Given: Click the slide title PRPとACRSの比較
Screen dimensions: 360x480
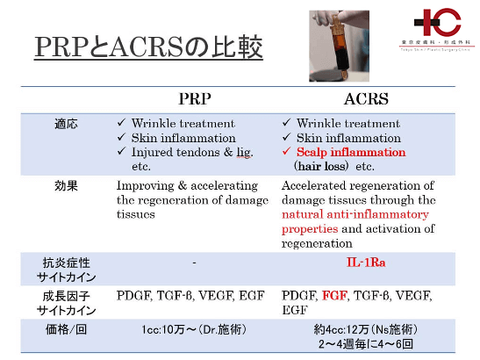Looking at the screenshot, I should tap(149, 47).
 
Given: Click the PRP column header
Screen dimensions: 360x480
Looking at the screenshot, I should tap(194, 100).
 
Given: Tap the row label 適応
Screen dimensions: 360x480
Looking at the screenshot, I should tap(66, 124).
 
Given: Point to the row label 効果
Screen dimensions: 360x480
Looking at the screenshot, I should tap(66, 186).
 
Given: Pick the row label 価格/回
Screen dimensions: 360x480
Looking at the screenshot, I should tap(66, 331).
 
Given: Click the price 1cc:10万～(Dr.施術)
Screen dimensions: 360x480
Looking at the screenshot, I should tap(195, 331).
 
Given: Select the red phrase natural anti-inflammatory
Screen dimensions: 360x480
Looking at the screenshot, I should tap(355, 214).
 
